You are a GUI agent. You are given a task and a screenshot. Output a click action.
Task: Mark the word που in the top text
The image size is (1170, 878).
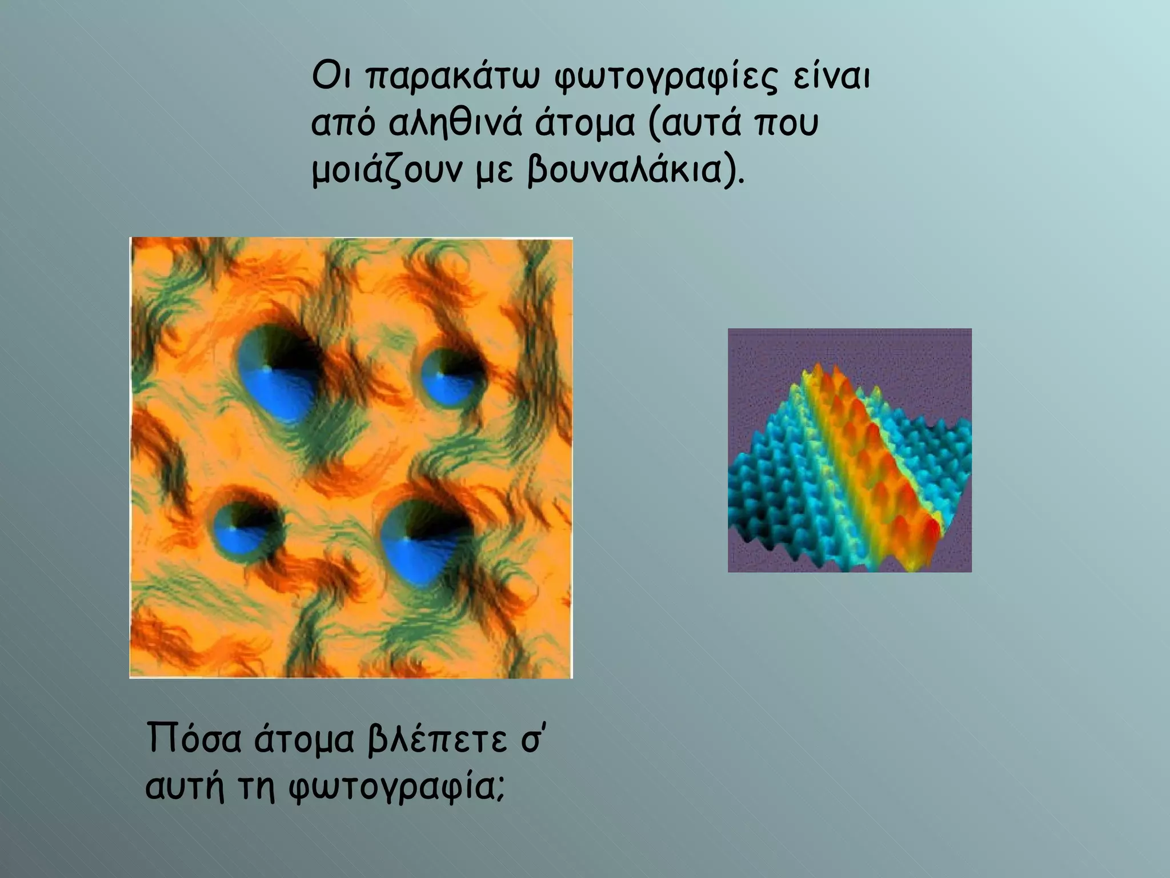[x=788, y=125]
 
